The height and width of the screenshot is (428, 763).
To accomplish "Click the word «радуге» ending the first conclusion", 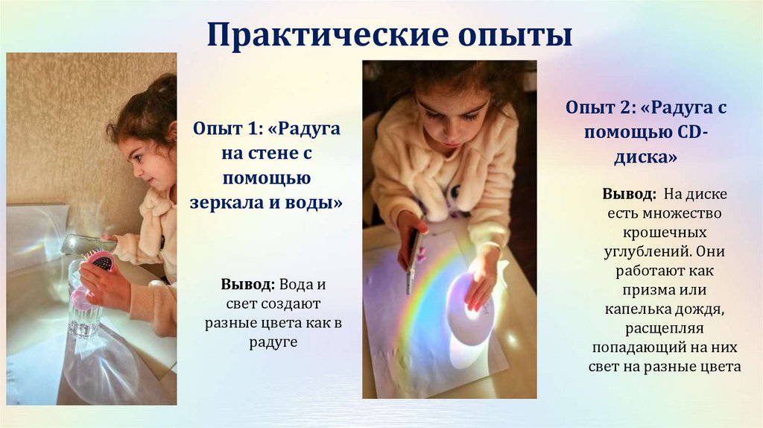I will point(273,342).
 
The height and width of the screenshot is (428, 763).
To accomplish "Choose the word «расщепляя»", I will point(665,327).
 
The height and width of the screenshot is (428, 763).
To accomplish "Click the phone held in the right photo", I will point(412,261).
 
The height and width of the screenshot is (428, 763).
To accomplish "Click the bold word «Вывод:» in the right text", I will point(629,194).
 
